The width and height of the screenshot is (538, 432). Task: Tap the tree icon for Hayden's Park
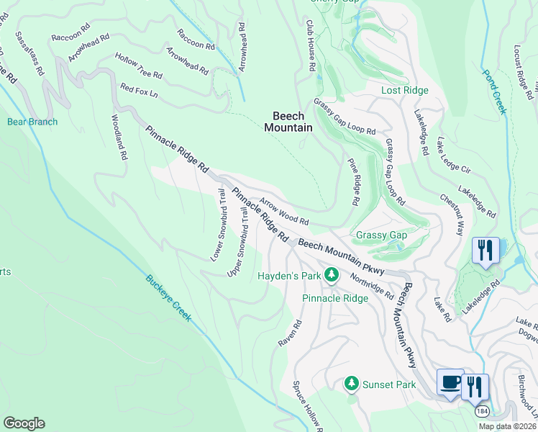(x=331, y=274)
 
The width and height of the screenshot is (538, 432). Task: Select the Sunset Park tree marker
(x=352, y=384)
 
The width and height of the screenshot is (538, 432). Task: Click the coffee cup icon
(x=450, y=382)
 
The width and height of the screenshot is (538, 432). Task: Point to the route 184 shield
(x=482, y=410)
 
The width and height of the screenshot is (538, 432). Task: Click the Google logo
(x=24, y=423)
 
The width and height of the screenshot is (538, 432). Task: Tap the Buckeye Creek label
(x=168, y=298)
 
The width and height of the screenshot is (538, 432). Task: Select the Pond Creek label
(x=495, y=91)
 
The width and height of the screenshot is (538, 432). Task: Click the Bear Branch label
(x=32, y=122)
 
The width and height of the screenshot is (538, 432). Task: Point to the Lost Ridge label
(x=404, y=90)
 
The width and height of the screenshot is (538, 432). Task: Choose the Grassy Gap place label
(x=381, y=235)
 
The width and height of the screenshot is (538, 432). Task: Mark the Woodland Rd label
(x=119, y=137)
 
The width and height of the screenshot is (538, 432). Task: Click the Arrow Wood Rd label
(x=284, y=212)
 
